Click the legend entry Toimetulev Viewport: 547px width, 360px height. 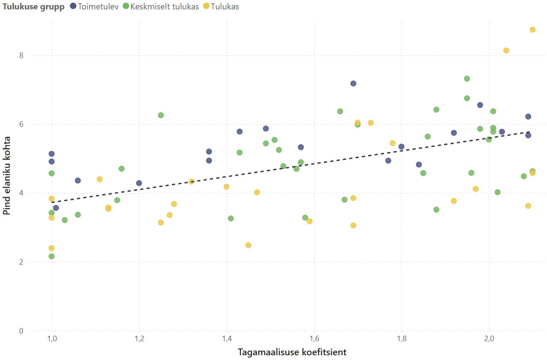[94, 6]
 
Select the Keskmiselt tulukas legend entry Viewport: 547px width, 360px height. [161, 6]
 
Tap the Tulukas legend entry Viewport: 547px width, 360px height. [221, 6]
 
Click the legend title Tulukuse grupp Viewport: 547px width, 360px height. [33, 7]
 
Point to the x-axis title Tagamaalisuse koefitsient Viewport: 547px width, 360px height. [292, 352]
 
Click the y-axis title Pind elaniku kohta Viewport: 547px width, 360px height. [6, 176]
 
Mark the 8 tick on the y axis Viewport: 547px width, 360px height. [21, 56]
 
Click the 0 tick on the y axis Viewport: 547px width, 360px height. [21, 331]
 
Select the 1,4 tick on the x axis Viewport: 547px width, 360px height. [227, 339]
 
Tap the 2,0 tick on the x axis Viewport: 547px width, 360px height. [489, 339]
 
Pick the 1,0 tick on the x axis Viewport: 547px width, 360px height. [52, 339]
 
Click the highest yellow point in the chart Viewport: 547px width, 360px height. [532, 30]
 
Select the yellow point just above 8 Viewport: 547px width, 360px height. [506, 50]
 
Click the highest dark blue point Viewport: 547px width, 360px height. [353, 84]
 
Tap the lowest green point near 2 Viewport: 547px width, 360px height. [52, 256]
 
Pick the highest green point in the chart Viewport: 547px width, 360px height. [467, 79]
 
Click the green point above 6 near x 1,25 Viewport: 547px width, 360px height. [161, 115]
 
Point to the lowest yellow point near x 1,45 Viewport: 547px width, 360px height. [248, 245]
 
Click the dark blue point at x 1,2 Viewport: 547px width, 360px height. [139, 183]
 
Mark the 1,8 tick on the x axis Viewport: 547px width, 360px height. [402, 339]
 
